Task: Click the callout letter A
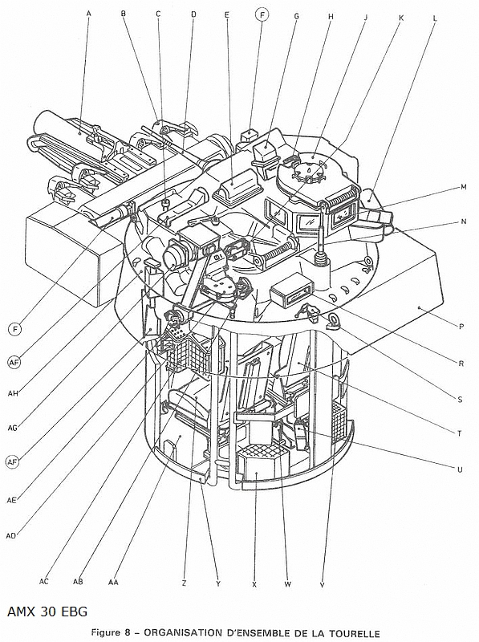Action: click(88, 13)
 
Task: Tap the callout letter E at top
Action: click(227, 15)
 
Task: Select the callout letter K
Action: click(401, 18)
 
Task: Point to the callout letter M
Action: click(464, 187)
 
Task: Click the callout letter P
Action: click(461, 327)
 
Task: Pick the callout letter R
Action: click(461, 364)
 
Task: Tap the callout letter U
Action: click(460, 469)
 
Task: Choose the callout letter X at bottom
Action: click(254, 585)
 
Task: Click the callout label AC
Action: click(44, 581)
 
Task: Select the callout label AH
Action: click(13, 394)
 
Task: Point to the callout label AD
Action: click(11, 535)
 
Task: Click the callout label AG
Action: click(13, 428)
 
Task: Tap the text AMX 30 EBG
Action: click(47, 612)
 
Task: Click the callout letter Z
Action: click(184, 584)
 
